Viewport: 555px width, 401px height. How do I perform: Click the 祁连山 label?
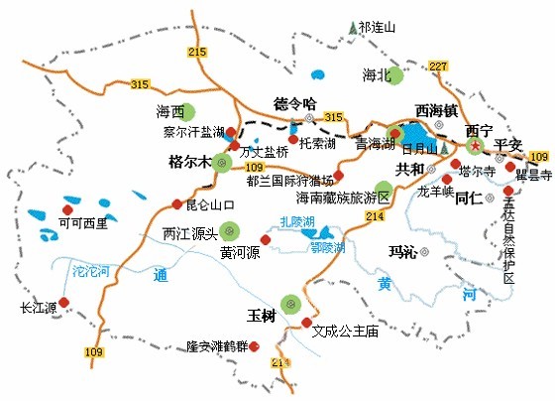click(x=378, y=28)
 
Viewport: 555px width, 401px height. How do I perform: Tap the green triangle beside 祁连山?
click(x=352, y=28)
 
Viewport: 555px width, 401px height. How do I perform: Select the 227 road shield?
click(x=439, y=66)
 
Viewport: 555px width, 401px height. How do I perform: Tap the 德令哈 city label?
click(x=293, y=103)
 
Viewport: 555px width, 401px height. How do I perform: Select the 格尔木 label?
click(x=191, y=161)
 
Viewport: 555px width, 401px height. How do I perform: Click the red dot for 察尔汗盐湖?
click(x=231, y=131)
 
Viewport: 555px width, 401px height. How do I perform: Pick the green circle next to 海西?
click(x=189, y=111)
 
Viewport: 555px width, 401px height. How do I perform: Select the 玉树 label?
click(x=261, y=316)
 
